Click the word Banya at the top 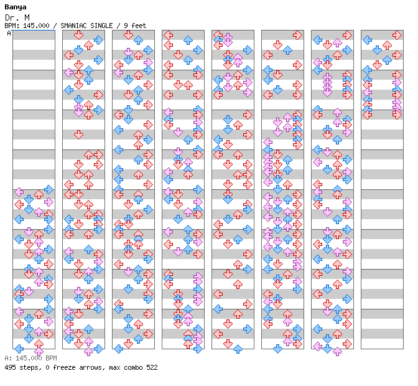pyautogui.click(x=16, y=7)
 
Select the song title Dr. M pyautogui.click(x=17, y=17)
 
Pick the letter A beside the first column pyautogui.click(x=9, y=33)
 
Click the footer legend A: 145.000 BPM pyautogui.click(x=30, y=358)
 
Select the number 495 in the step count pyautogui.click(x=10, y=367)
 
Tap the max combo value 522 pyautogui.click(x=152, y=367)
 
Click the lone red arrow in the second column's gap pyautogui.click(x=78, y=134)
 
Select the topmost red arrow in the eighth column pyautogui.click(x=397, y=35)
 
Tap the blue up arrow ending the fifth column pyautogui.click(x=238, y=349)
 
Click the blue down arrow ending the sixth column pyautogui.click(x=277, y=349)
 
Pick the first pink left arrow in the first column pyautogui.click(x=19, y=192)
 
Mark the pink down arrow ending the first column pyautogui.click(x=39, y=352)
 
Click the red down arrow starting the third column pyautogui.click(x=128, y=35)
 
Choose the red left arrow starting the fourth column pyautogui.click(x=168, y=35)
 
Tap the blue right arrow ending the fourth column pyautogui.click(x=198, y=349)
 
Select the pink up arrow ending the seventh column pyautogui.click(x=337, y=352)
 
